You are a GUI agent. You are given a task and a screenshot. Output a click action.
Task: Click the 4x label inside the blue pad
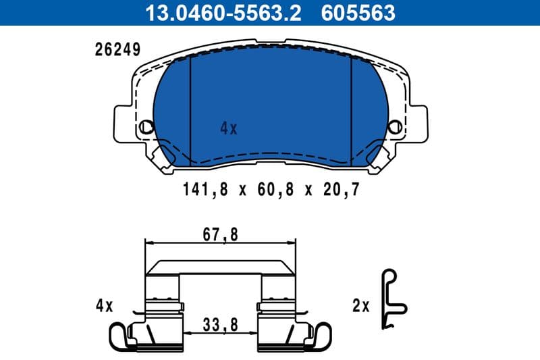coord(229,128)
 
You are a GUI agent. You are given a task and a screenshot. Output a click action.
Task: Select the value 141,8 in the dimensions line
coord(201,190)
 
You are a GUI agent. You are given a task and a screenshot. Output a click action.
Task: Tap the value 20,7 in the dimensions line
coord(340,190)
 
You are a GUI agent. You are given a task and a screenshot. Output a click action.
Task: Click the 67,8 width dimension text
coord(221,235)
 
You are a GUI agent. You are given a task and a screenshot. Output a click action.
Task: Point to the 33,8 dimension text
coord(221,325)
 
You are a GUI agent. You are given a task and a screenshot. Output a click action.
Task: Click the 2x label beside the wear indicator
coord(362,306)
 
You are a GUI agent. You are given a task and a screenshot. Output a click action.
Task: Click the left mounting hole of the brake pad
coord(146,126)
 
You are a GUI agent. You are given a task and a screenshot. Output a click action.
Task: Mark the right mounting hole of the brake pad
coord(395,126)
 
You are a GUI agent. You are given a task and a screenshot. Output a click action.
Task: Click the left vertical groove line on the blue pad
coord(191,108)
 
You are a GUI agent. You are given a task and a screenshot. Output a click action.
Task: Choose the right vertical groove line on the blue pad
coord(351,108)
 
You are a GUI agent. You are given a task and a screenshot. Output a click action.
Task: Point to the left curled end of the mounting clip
coord(119,336)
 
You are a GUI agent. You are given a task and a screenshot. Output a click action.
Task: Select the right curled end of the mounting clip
coord(323,336)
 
